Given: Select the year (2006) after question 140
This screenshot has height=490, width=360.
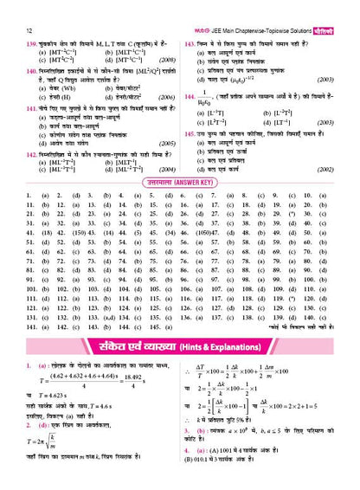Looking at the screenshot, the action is click(x=168, y=99).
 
